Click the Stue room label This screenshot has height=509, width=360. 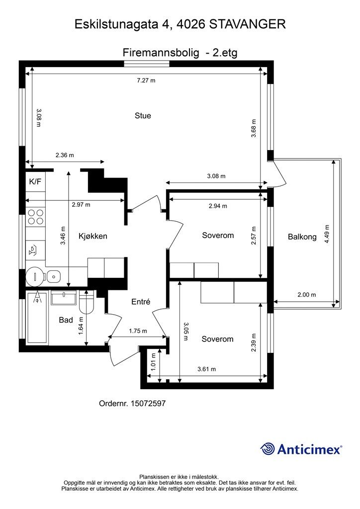pos(143,115)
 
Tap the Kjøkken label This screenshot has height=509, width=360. pos(93,236)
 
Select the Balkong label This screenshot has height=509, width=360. pos(302,237)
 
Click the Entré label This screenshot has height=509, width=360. pos(141,302)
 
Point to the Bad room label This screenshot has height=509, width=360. pos(66,320)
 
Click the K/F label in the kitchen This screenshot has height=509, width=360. pos(35,181)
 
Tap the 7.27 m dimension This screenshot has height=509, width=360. pos(146,80)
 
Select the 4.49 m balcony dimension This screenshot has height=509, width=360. pos(327,234)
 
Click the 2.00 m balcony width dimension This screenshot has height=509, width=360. pos(307,295)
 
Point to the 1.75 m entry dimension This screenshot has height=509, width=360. pos(138,331)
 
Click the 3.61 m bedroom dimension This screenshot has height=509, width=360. pos(207,369)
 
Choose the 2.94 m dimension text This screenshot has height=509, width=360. pos(218,206)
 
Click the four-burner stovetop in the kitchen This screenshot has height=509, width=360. pos(36,217)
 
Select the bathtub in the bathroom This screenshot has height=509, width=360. pos(37,317)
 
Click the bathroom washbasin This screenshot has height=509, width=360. pos(64,298)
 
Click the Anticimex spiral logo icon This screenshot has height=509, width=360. pos(268,449)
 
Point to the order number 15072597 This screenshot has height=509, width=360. pos(148,404)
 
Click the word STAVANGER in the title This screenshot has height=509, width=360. pos(248,24)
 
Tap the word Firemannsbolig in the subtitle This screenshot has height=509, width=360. pos(161,53)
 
